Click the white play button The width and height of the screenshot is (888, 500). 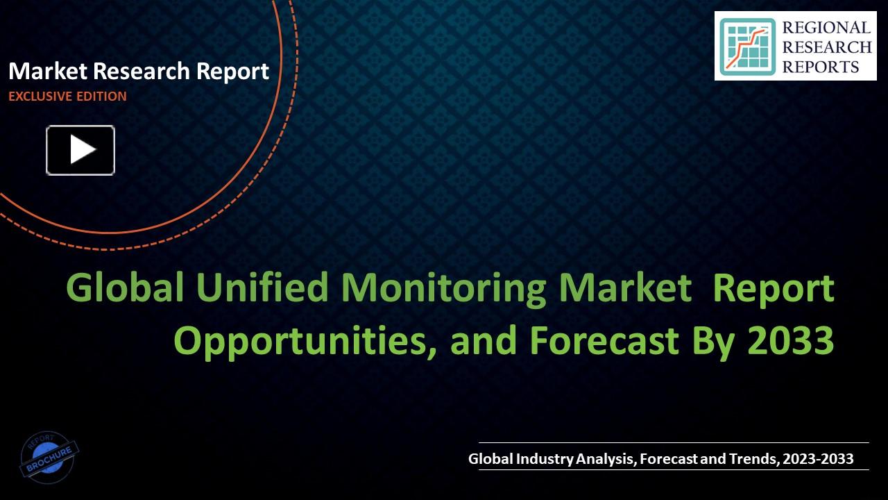click(x=80, y=150)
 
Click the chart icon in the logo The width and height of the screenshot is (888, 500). click(x=746, y=47)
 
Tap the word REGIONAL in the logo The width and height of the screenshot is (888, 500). click(x=826, y=28)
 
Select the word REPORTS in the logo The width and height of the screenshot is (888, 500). click(x=821, y=67)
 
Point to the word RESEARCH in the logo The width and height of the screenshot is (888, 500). click(x=827, y=47)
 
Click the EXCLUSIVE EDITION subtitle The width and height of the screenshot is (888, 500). click(x=67, y=97)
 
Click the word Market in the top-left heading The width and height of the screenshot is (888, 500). click(x=48, y=71)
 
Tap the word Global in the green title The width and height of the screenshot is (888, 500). click(x=126, y=288)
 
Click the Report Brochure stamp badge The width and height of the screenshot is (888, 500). click(x=49, y=457)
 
